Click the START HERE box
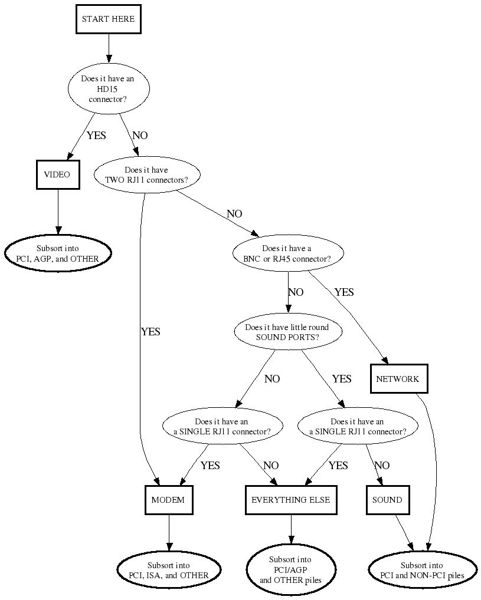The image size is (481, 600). click(108, 19)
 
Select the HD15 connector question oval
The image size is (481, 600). click(108, 89)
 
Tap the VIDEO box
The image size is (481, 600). click(57, 174)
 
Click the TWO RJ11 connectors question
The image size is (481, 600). click(148, 175)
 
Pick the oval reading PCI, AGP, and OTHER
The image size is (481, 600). click(58, 253)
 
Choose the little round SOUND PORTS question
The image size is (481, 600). click(287, 332)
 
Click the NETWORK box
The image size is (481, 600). click(398, 379)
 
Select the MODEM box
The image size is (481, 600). click(168, 500)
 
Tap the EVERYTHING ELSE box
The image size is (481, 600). click(291, 500)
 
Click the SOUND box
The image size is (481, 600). click(387, 500)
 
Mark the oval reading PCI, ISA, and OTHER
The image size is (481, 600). click(169, 570)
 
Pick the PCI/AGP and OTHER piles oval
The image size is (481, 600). click(291, 570)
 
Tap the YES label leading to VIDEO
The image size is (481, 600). click(96, 136)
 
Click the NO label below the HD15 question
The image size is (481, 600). click(140, 136)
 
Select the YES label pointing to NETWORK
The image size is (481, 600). click(344, 292)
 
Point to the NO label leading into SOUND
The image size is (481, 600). click(382, 466)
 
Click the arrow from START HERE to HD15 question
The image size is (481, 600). click(108, 47)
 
